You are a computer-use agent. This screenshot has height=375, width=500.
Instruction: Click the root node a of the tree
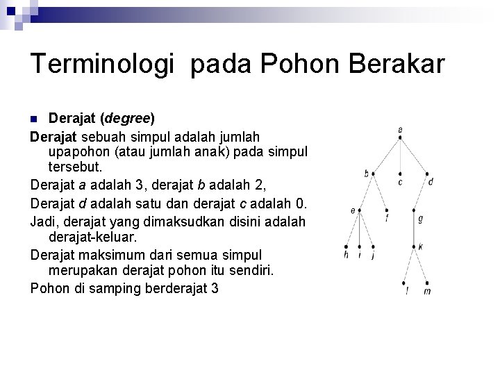coord(401,137)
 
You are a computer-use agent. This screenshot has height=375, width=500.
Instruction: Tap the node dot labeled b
coord(374,174)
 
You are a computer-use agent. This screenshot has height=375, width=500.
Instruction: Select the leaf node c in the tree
coord(401,174)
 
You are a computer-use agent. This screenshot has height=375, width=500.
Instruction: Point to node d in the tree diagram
coord(428,174)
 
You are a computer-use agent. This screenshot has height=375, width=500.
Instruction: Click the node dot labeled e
coord(360,210)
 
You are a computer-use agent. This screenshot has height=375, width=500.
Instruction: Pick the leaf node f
coord(387,210)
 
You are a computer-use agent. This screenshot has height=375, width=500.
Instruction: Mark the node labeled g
coord(415,210)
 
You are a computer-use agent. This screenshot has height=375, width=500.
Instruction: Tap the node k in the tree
coord(415,247)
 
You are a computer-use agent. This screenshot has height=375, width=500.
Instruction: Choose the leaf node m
coord(428,283)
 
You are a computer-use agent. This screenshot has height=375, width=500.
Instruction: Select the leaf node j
coord(374,247)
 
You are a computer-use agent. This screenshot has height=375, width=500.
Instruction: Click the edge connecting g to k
coord(415,228)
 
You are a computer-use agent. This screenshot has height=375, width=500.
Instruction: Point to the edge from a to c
coord(401,156)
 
